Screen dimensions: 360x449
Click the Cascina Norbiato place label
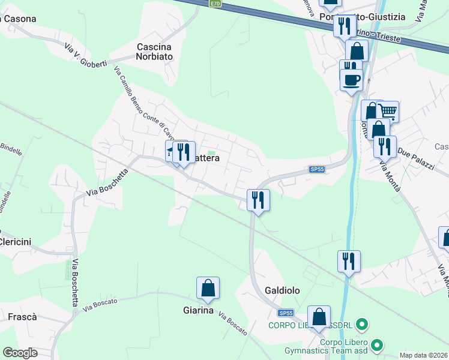[x=154, y=52]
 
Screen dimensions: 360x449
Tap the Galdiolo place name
[x=279, y=290]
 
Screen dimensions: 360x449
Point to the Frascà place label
[x=22, y=316]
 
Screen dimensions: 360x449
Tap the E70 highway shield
[x=215, y=3]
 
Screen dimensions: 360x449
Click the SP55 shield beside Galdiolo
[x=285, y=313]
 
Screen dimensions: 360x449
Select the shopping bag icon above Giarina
[x=208, y=289]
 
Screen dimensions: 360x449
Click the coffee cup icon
[x=351, y=79]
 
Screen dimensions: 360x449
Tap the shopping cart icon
[x=388, y=111]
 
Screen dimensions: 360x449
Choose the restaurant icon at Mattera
[x=184, y=152]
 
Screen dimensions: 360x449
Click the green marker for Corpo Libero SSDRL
[x=361, y=325]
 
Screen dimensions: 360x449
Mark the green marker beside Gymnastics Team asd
[x=377, y=345]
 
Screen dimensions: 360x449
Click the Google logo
[x=20, y=353]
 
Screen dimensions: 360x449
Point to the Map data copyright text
[x=424, y=355]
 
